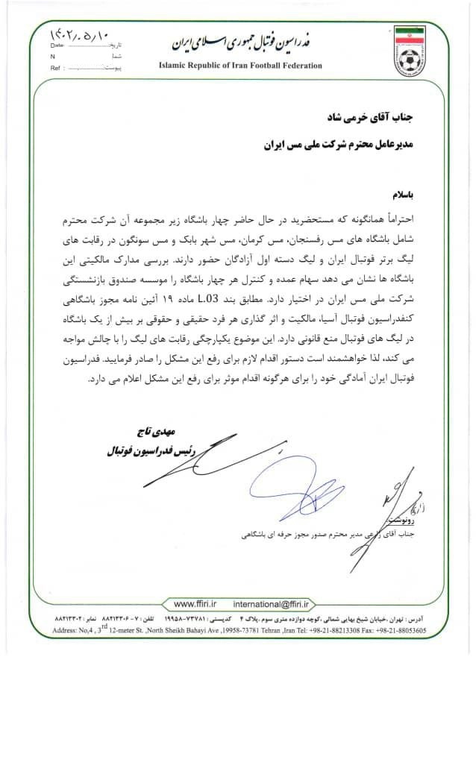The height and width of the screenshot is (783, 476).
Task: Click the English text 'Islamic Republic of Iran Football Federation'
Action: (240, 66)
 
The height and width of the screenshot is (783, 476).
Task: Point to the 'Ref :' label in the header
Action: (55, 67)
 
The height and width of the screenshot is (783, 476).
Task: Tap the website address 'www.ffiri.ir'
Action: (196, 603)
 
